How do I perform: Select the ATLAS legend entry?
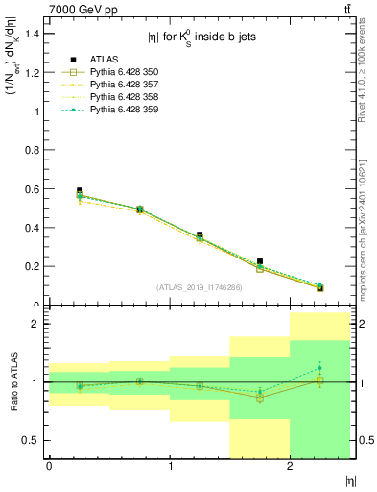click(x=106, y=59)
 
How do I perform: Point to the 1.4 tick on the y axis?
click(x=34, y=34)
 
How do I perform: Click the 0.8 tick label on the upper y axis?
click(x=34, y=150)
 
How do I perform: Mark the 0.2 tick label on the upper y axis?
click(x=34, y=266)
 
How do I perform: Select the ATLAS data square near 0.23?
click(x=260, y=261)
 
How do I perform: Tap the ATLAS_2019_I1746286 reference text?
click(x=200, y=287)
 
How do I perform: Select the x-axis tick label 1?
click(x=170, y=466)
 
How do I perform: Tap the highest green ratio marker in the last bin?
click(x=320, y=368)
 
